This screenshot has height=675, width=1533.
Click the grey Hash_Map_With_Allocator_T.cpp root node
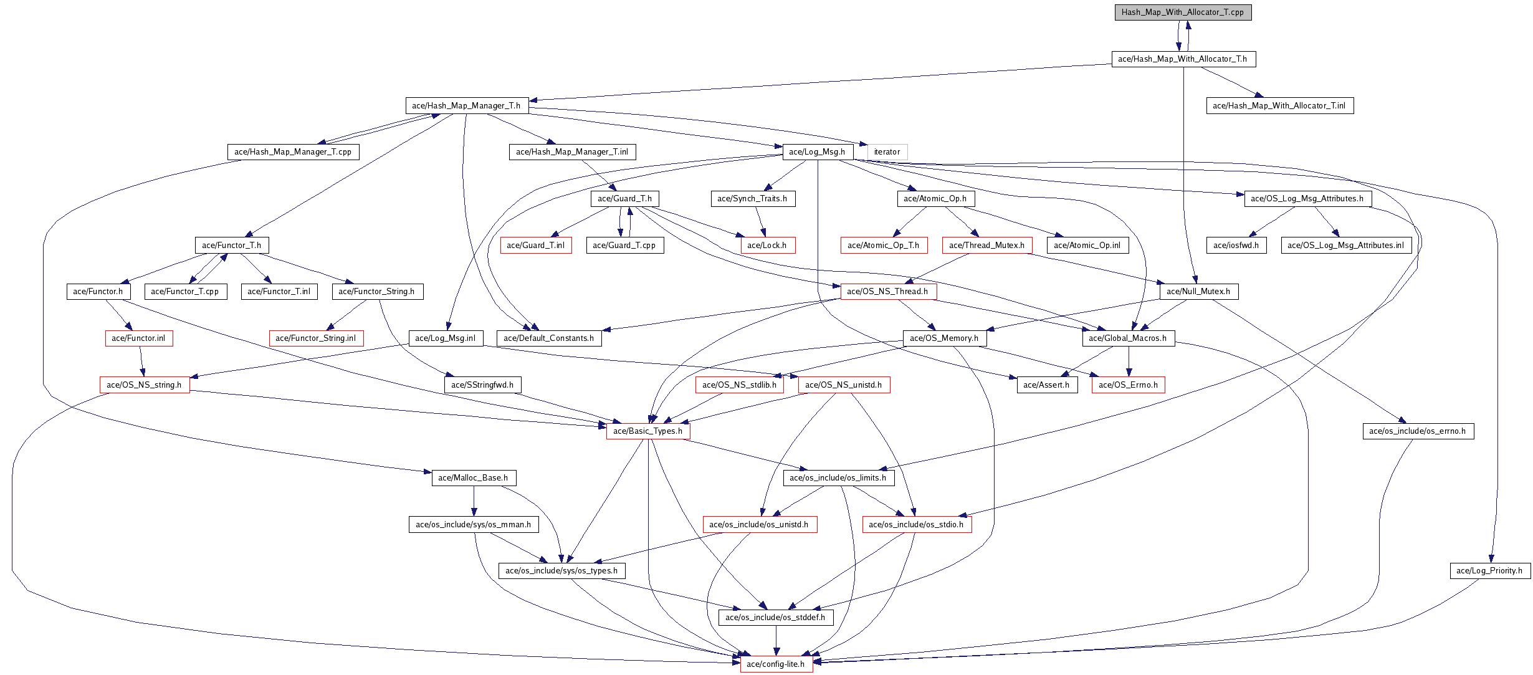coord(1183,12)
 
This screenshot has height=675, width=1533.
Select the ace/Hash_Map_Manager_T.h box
coord(466,106)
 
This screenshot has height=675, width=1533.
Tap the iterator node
coord(887,152)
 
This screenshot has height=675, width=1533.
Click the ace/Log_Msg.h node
coord(817,152)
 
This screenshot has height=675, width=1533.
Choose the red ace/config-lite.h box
coord(776,664)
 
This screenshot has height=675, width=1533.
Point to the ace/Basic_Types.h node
coord(647,431)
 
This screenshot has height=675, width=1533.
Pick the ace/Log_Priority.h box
coord(1489,571)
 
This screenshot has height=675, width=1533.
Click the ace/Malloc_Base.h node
coord(473,478)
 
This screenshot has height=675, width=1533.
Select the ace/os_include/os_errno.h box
coord(1418,431)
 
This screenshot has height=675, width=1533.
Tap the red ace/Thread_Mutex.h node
coord(986,246)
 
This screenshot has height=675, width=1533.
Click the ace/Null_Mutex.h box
coord(1198,292)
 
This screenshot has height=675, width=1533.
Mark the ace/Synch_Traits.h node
coord(752,199)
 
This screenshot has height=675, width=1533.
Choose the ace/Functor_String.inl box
coord(316,338)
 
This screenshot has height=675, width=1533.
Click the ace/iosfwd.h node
coord(1236,246)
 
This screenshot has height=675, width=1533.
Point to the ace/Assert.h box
coord(1046,385)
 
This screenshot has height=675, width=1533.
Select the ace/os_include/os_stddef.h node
coord(775,618)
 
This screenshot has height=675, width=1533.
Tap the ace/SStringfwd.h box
coord(483,385)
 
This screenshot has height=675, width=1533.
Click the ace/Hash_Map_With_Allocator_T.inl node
coord(1279,106)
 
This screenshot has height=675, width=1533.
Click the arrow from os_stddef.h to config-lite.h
coord(776,641)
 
